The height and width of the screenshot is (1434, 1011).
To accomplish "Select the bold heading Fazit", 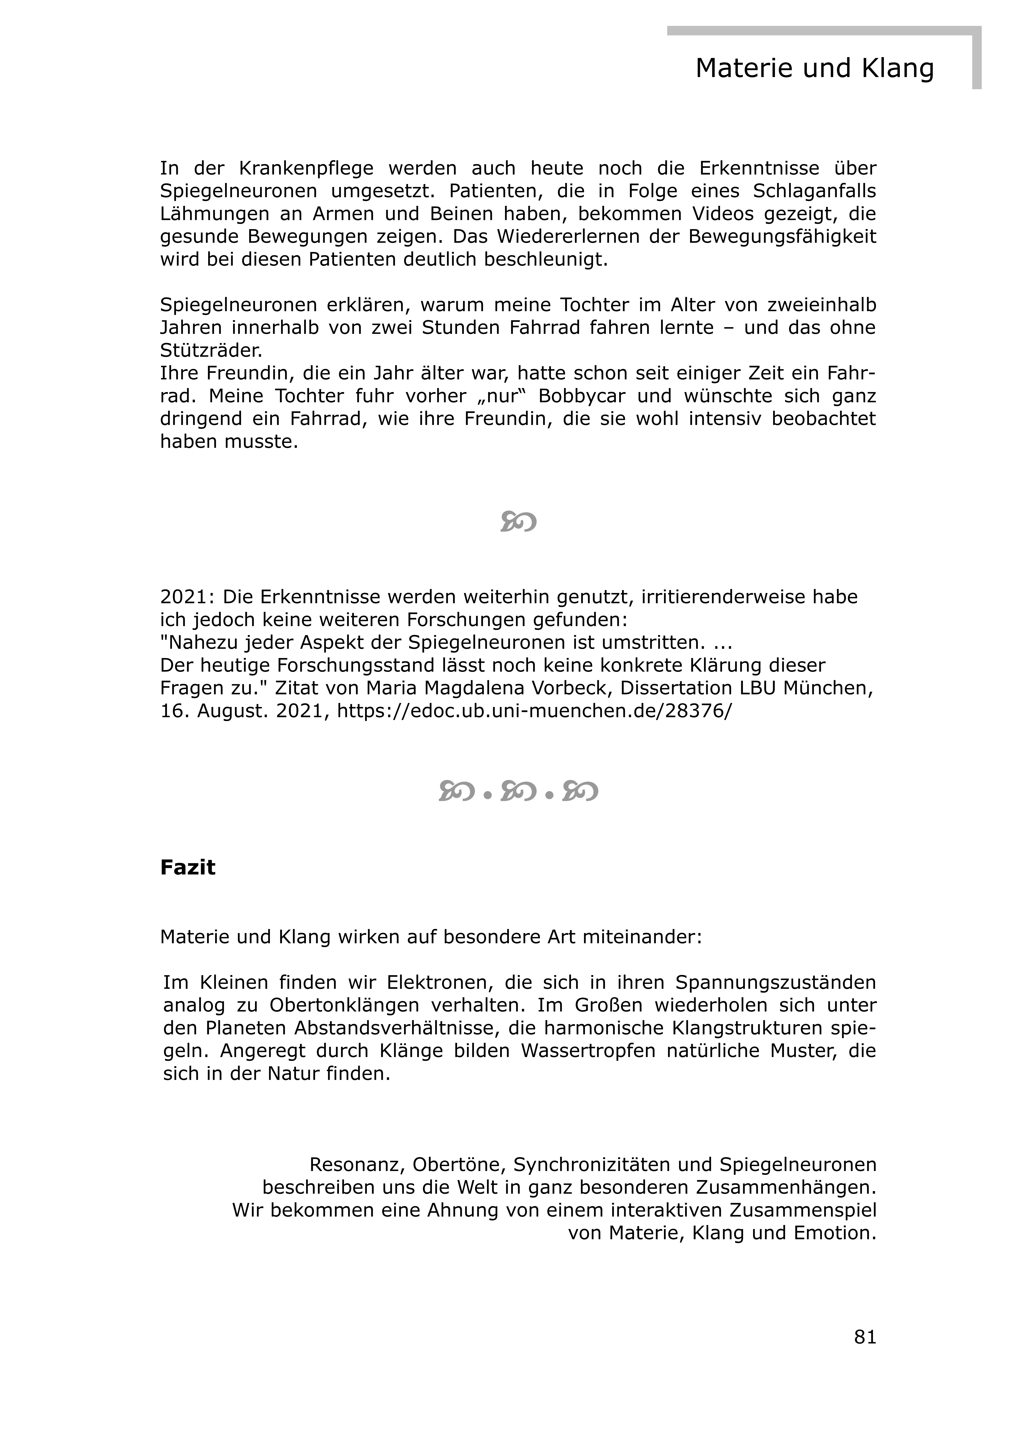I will [187, 868].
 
